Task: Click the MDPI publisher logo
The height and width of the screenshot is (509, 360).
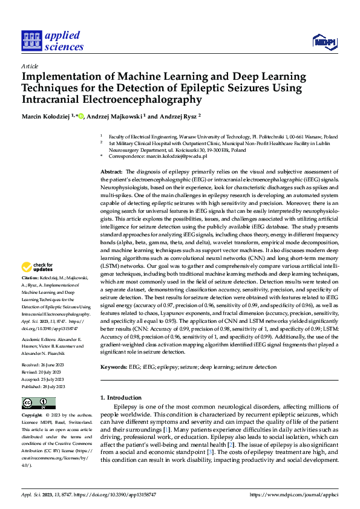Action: pos(324,41)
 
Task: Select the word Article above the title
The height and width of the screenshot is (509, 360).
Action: pos(30,66)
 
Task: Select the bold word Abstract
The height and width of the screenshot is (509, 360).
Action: pos(112,172)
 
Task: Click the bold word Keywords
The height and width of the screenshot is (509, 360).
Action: pos(113,366)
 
